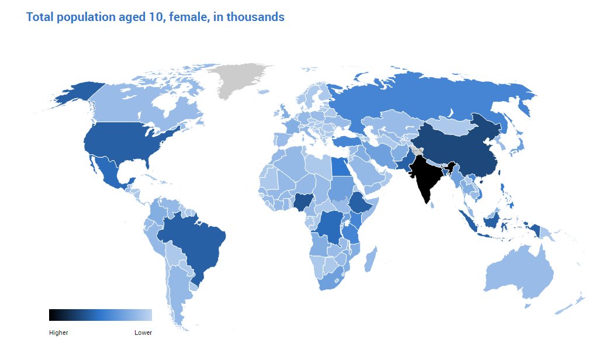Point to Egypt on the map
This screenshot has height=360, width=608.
(x=339, y=167)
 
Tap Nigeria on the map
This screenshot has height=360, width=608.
(x=303, y=202)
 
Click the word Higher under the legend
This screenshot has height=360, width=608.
(x=58, y=333)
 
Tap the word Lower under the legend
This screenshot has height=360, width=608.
(x=143, y=333)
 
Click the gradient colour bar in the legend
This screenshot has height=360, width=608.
(x=101, y=315)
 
